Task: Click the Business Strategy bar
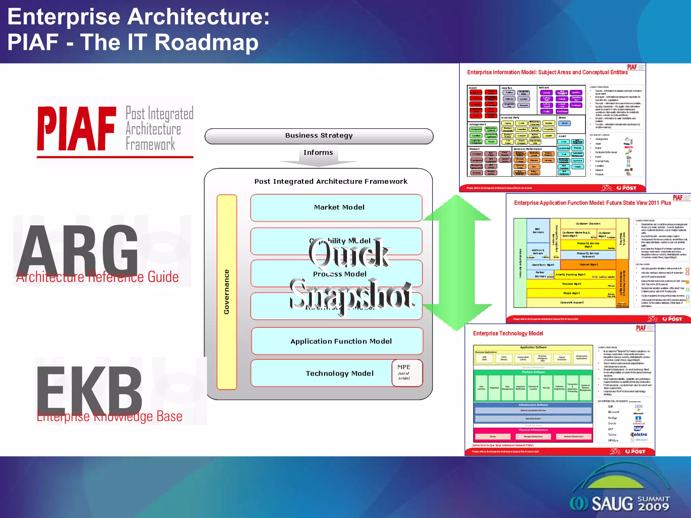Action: (319, 136)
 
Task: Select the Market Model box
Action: (336, 208)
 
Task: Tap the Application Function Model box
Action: (337, 341)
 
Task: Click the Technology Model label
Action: (339, 373)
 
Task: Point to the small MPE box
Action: (407, 372)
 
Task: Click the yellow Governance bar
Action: (227, 292)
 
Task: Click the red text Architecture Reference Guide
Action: (98, 277)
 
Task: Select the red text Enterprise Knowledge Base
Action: (109, 416)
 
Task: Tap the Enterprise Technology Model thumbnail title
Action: (508, 334)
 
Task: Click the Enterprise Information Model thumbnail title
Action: (547, 73)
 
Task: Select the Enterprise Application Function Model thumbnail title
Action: (592, 203)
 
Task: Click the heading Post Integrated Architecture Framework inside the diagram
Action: (331, 181)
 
